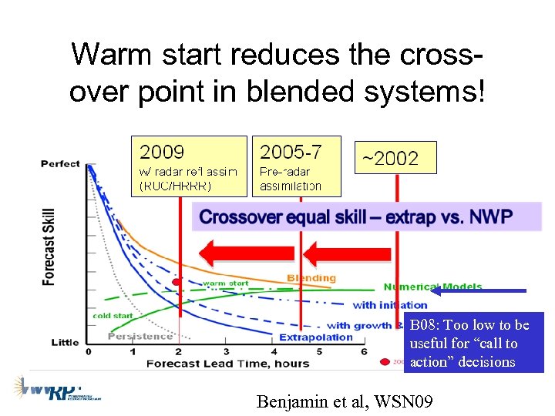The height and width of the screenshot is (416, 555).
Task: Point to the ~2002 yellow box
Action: (395, 159)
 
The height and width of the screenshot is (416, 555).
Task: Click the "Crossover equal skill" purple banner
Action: (356, 216)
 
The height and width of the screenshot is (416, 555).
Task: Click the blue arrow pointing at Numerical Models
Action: (478, 291)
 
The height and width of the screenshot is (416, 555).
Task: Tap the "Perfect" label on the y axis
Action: (60, 164)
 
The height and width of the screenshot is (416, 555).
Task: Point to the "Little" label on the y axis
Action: (65, 342)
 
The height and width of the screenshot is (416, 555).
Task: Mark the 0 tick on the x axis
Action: (88, 351)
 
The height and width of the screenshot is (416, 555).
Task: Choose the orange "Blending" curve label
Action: (311, 278)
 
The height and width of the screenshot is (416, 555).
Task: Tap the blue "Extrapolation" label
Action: (315, 337)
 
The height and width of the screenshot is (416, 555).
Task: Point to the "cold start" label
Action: (113, 316)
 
